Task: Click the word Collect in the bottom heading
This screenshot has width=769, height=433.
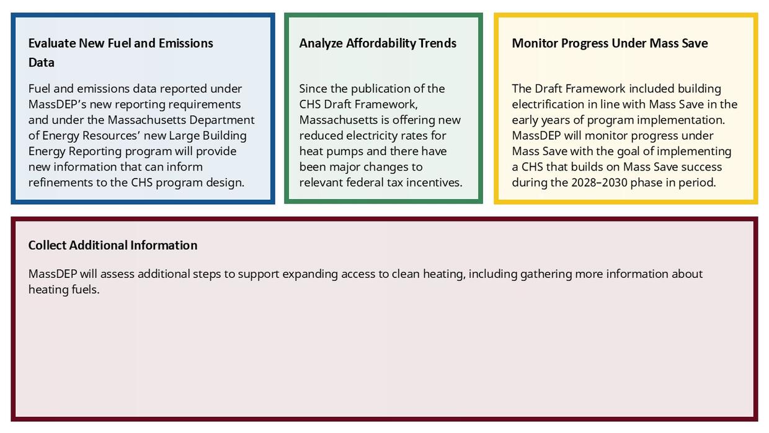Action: [47, 246]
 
